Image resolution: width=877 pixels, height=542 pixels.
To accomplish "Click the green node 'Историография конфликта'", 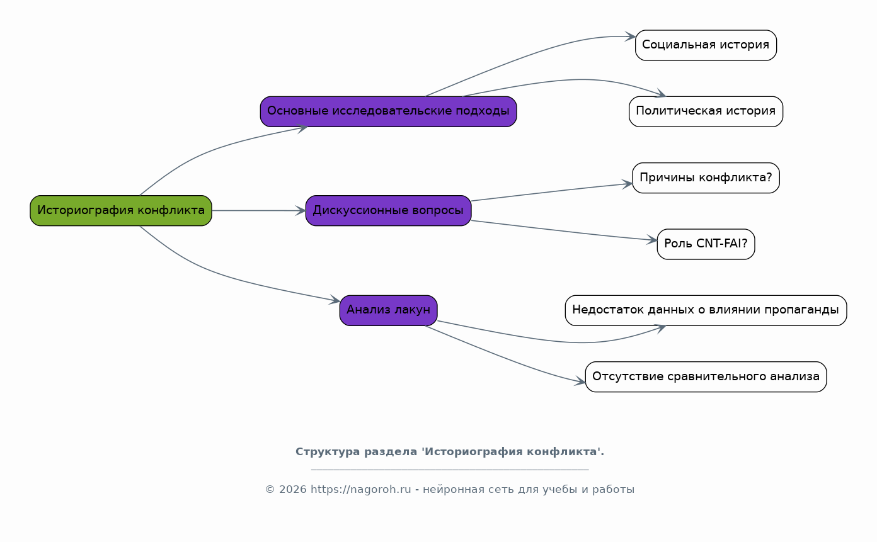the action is [x=121, y=211].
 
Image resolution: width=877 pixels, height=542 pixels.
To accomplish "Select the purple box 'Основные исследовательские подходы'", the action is [x=388, y=111].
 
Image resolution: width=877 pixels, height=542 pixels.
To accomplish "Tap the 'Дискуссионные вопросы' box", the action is [x=388, y=211].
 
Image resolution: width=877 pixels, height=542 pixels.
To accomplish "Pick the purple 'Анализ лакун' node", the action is [x=388, y=310].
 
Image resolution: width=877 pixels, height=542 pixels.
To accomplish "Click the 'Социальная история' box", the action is [x=706, y=45].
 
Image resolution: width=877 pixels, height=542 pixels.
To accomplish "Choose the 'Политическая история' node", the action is [x=706, y=111].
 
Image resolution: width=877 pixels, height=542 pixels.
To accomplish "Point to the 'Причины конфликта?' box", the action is [x=706, y=178].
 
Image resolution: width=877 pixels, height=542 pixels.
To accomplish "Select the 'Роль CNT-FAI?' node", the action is [x=706, y=244].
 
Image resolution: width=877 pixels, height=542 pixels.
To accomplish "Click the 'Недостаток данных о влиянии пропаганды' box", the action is [x=706, y=310].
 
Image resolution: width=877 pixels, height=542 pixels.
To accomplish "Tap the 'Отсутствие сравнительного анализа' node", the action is [x=706, y=376].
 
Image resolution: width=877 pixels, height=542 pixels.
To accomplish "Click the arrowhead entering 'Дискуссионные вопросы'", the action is [x=301, y=211].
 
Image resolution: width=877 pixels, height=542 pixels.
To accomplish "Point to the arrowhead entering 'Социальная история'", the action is [x=630, y=37].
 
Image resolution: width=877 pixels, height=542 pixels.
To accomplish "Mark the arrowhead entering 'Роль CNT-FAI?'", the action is [x=652, y=240].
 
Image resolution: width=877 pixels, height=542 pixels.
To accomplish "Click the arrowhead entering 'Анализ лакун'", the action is [x=335, y=300].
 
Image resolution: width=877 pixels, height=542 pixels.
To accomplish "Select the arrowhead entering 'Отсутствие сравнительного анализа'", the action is [x=580, y=381].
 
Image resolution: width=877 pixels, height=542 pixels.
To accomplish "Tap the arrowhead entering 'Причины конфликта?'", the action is [x=628, y=184].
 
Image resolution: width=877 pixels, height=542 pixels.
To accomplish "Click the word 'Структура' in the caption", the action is [x=328, y=452].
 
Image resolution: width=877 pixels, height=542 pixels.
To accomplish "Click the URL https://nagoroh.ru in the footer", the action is [x=360, y=489].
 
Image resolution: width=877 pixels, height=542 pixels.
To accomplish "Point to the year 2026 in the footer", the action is [x=292, y=489].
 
